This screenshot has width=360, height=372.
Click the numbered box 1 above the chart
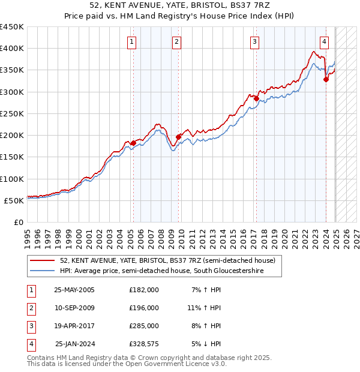pyautogui.click(x=131, y=41)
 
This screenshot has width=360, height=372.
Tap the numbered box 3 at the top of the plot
pyautogui.click(x=255, y=41)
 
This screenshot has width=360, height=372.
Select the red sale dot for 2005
pyautogui.click(x=133, y=143)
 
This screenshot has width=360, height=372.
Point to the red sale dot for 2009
pyautogui.click(x=178, y=137)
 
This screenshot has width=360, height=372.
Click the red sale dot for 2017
pyautogui.click(x=256, y=98)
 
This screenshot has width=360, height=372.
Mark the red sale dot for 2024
pyautogui.click(x=326, y=79)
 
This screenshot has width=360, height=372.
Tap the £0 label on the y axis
pyautogui.click(x=18, y=222)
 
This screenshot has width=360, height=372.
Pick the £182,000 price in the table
pyautogui.click(x=144, y=290)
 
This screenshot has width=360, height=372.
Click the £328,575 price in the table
pyautogui.click(x=144, y=344)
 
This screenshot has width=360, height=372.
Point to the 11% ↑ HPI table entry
pyautogui.click(x=205, y=308)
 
